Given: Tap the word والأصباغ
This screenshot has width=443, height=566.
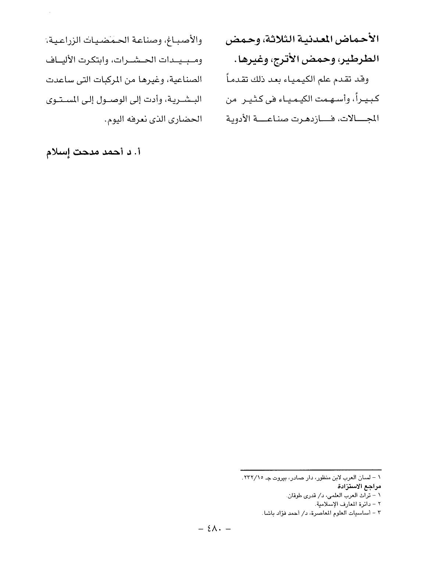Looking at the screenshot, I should (x=186, y=39).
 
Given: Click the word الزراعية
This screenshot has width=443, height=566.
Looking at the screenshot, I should (x=65, y=39).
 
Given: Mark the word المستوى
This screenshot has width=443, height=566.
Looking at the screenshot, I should (x=65, y=99).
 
